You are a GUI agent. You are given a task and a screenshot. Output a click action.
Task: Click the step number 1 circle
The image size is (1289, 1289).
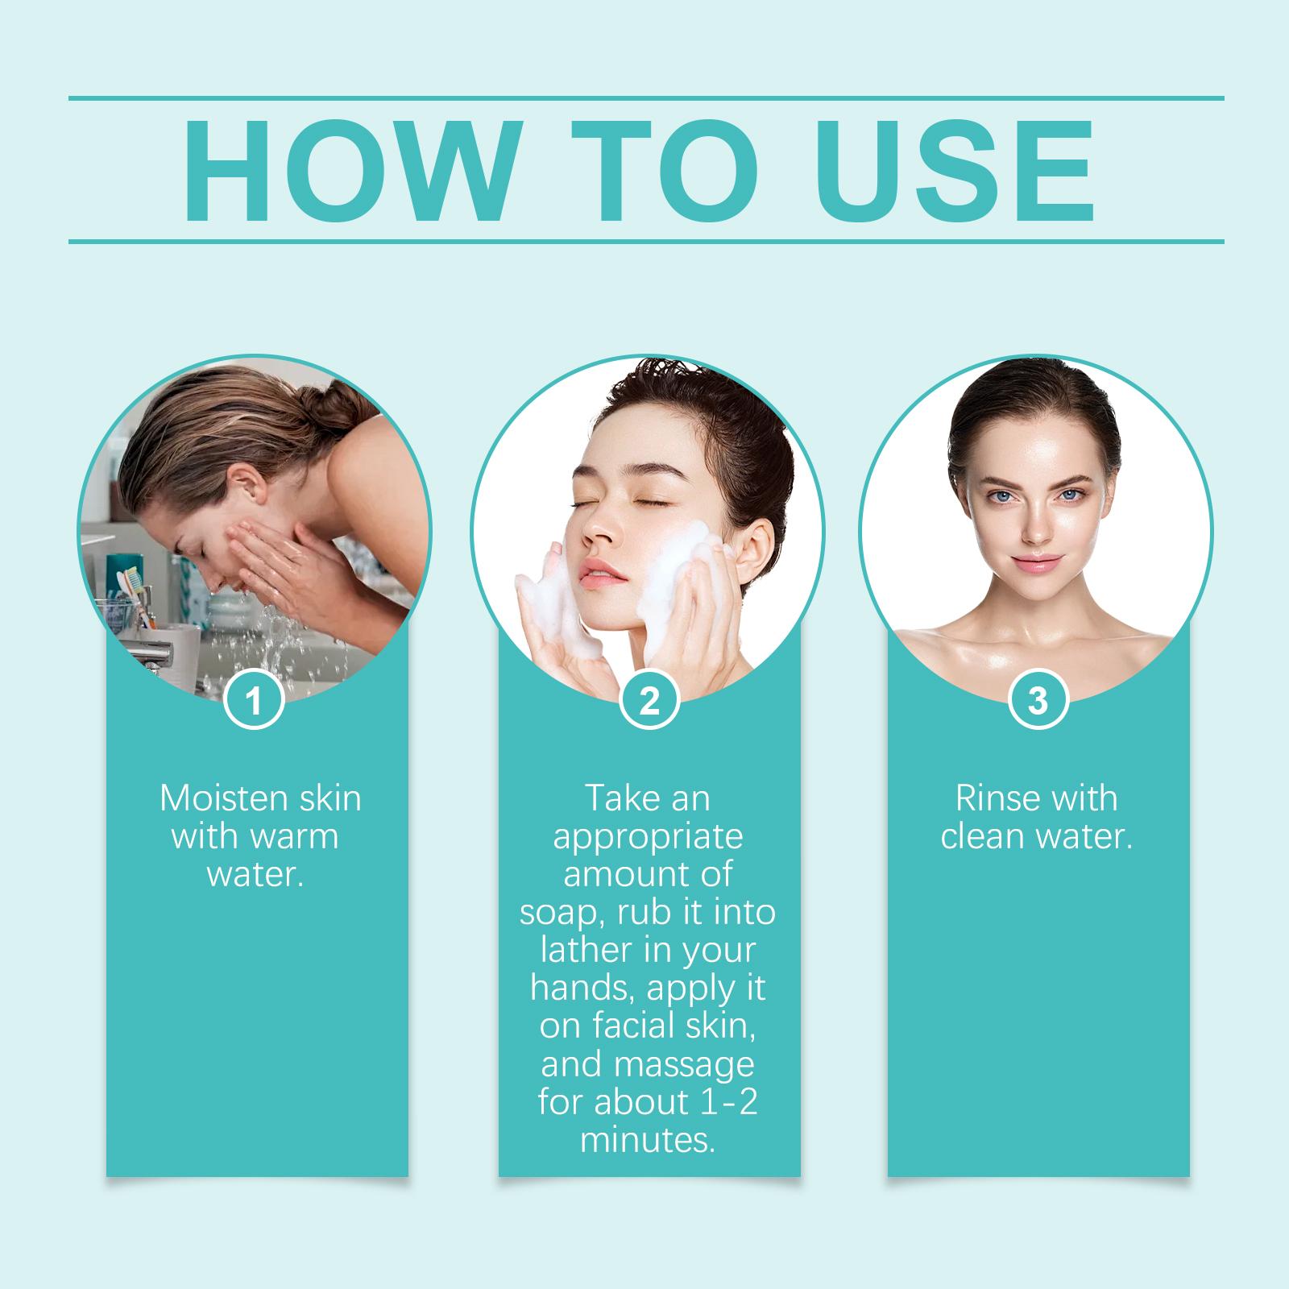tap(255, 701)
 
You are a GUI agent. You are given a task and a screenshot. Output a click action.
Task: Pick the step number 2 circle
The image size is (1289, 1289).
tap(649, 701)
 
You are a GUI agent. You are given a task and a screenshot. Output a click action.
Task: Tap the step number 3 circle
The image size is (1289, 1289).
tap(1038, 701)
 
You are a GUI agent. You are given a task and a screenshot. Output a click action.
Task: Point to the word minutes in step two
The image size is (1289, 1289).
tap(648, 1141)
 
